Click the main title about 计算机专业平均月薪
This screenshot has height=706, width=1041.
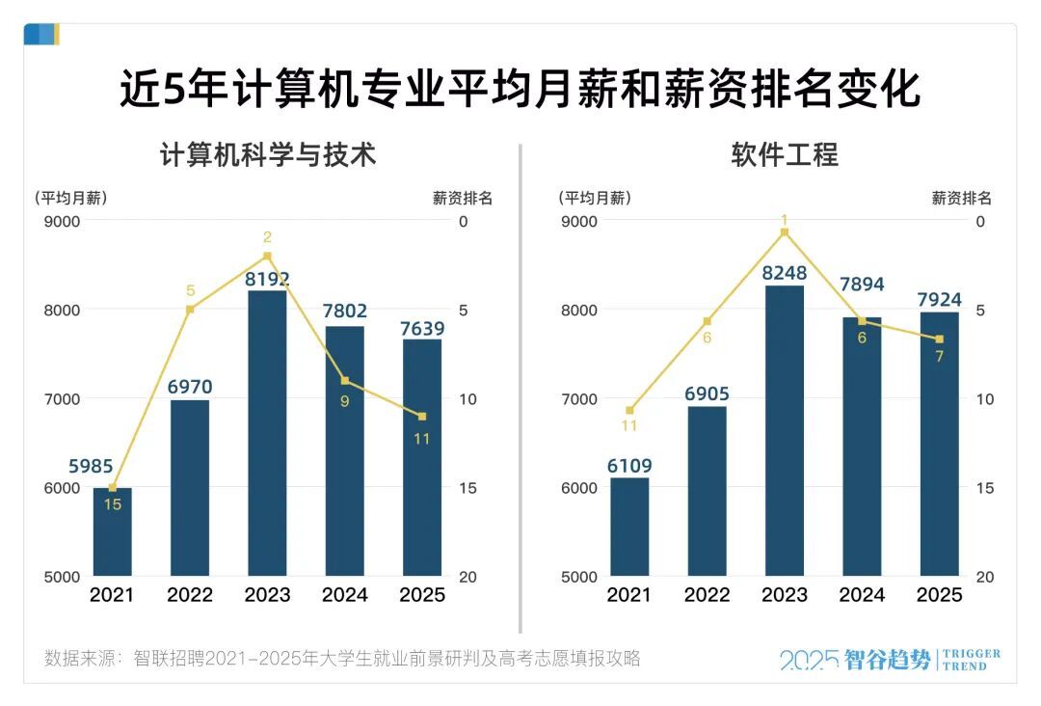520,89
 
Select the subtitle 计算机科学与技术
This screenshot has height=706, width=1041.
267,155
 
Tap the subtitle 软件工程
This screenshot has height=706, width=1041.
784,155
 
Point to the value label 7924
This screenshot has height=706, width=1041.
939,299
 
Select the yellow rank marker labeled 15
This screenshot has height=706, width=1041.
113,488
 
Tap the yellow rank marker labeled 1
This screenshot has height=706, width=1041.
785,232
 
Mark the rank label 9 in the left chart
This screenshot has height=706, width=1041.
344,400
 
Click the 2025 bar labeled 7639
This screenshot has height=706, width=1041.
422,457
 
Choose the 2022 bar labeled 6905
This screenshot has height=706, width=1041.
707,491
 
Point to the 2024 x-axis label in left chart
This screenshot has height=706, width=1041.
344,595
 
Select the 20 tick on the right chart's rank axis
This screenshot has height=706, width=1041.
984,577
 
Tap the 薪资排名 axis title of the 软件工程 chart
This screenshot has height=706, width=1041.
960,199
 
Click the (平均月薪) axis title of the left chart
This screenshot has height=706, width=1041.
71,199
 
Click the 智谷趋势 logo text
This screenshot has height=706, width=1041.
887,660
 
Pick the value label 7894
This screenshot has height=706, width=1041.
862,285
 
